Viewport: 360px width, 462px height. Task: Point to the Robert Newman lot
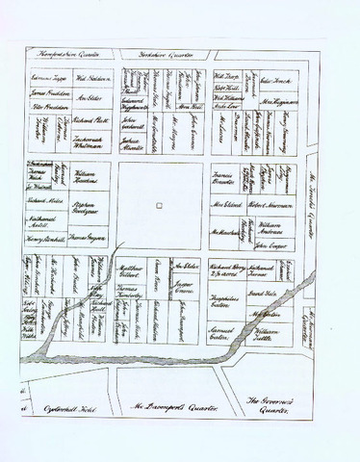(268, 207)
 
